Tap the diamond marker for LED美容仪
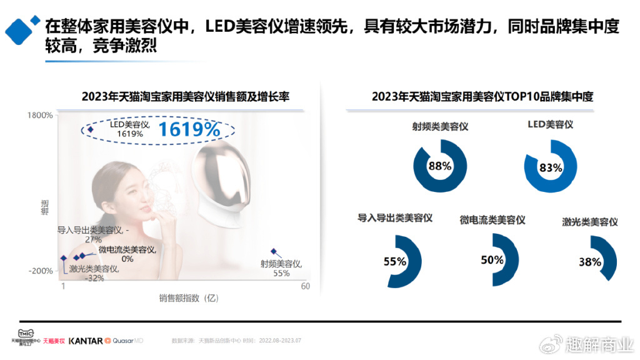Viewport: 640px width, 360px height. [90, 129]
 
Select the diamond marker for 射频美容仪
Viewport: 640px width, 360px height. [273, 251]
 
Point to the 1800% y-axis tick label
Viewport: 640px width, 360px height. [40, 115]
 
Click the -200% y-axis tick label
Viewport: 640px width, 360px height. [40, 271]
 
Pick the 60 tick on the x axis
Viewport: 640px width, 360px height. [305, 286]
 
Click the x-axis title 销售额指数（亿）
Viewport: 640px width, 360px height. [188, 298]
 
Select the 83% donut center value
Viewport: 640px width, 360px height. [550, 167]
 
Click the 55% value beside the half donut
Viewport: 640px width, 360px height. [394, 261]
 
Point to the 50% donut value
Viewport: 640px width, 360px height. [492, 260]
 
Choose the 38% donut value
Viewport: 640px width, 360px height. [589, 262]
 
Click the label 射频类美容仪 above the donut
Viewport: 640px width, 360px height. [440, 126]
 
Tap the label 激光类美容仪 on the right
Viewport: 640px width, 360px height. [589, 221]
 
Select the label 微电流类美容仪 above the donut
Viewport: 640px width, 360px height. [492, 220]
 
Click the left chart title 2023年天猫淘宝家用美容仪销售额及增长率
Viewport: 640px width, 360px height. [186, 97]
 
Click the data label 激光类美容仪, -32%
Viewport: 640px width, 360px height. [94, 273]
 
